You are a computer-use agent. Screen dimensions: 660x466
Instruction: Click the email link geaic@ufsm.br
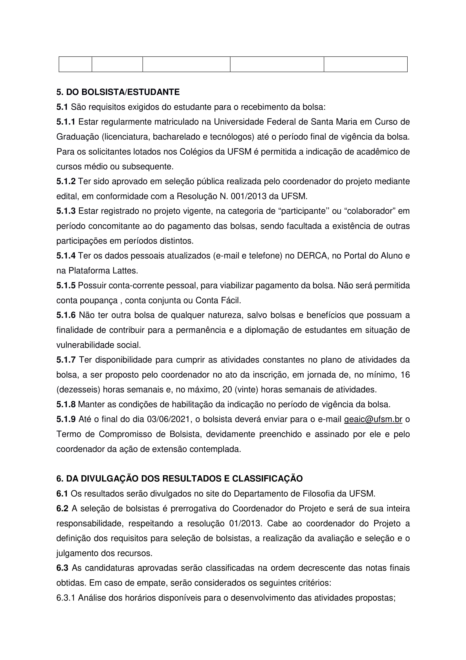[x=373, y=419]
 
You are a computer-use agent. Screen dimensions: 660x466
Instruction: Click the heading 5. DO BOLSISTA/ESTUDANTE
[x=118, y=92]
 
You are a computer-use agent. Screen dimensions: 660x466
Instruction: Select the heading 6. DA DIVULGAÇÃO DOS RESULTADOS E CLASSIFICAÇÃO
[x=180, y=479]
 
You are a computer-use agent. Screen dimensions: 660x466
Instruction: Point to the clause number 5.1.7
[x=66, y=360]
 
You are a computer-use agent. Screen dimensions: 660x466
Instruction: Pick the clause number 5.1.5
[x=66, y=286]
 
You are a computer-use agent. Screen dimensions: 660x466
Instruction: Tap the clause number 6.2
[x=62, y=508]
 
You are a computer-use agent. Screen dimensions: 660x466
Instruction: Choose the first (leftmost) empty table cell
[x=75, y=64]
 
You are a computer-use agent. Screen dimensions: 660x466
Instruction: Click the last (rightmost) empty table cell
[x=366, y=64]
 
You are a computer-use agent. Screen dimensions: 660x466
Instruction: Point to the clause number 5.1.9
[x=66, y=419]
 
